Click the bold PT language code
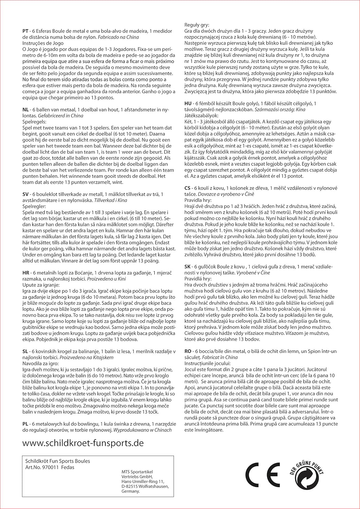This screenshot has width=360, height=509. coord(25,32)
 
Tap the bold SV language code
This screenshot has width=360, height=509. coord(26,194)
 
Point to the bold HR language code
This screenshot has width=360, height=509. coord(26,273)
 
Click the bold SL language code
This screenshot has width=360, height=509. coord(25,351)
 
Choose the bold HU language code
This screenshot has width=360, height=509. coord(188,103)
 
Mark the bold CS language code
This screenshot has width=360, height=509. coord(188,188)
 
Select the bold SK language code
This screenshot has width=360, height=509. coord(188,267)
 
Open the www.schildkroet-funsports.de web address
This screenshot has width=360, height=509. coord(83,443)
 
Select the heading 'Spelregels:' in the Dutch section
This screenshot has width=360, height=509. coord(34,121)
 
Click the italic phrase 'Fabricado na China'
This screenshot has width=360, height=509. coord(118,37)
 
